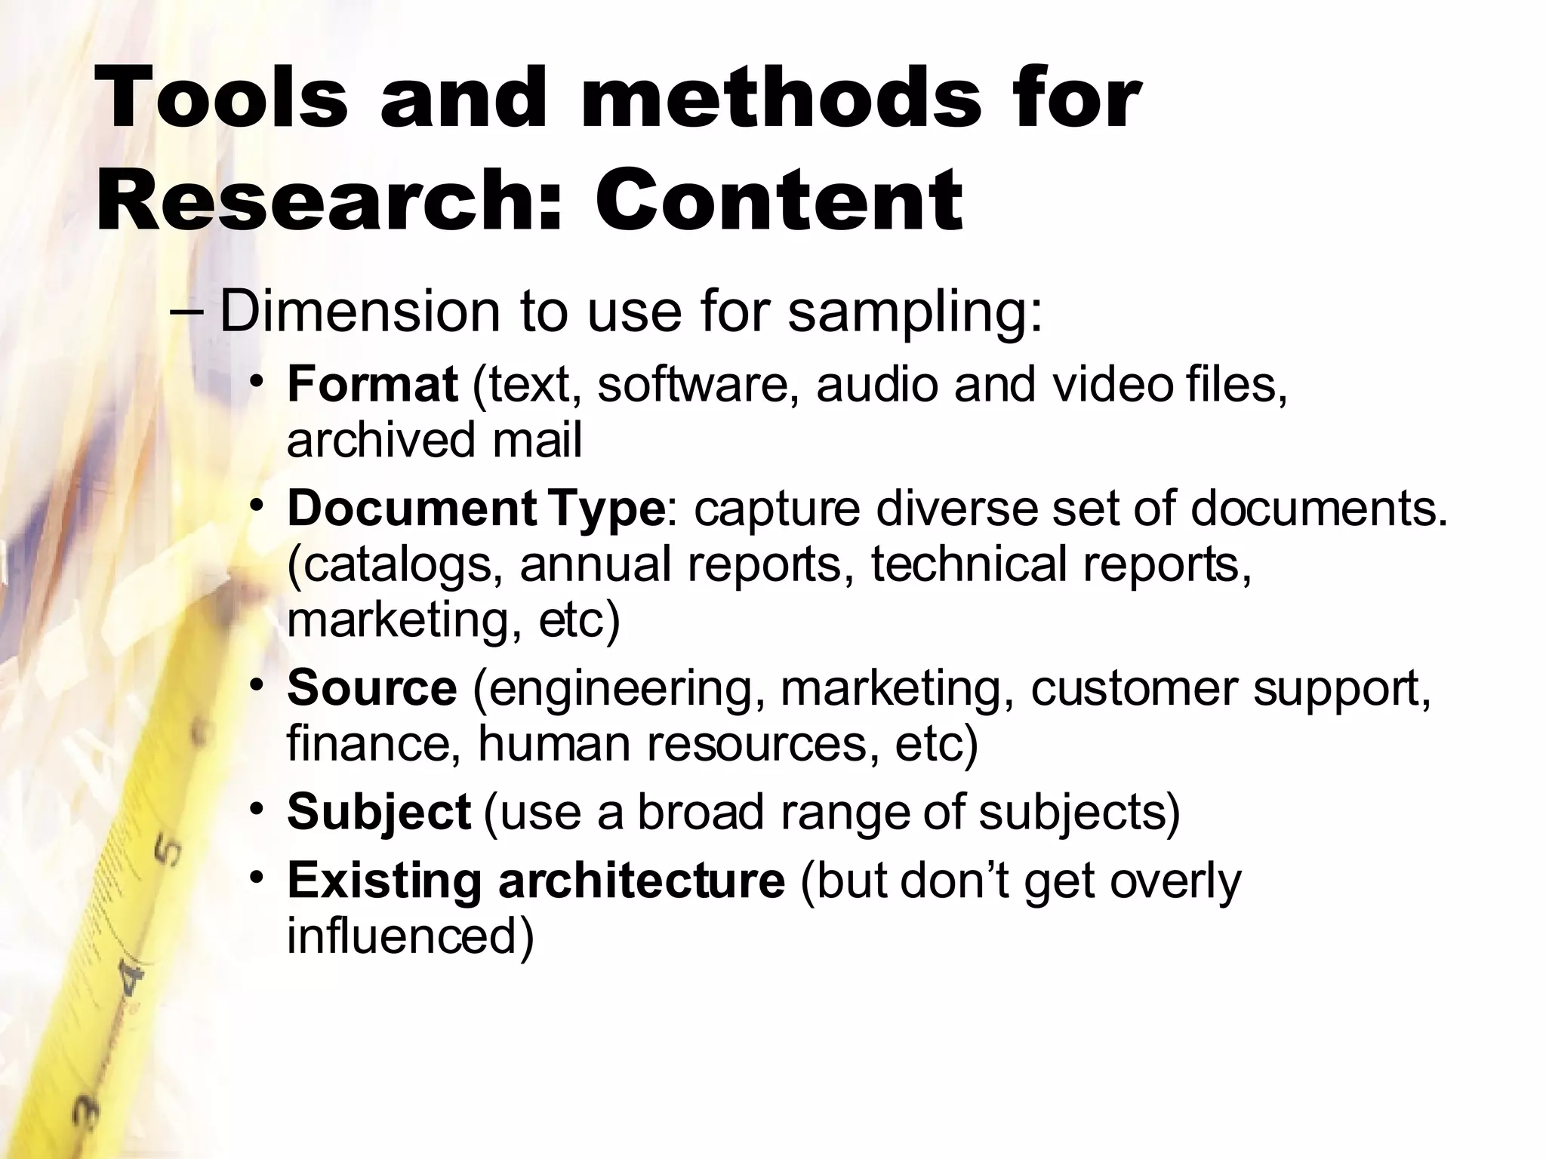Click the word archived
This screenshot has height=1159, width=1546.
pyautogui.click(x=381, y=440)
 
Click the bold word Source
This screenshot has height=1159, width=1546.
pyautogui.click(x=371, y=688)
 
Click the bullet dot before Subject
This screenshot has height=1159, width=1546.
pyautogui.click(x=257, y=810)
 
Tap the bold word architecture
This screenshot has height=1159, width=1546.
pyautogui.click(x=641, y=880)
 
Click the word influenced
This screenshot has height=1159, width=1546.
pyautogui.click(x=410, y=936)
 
